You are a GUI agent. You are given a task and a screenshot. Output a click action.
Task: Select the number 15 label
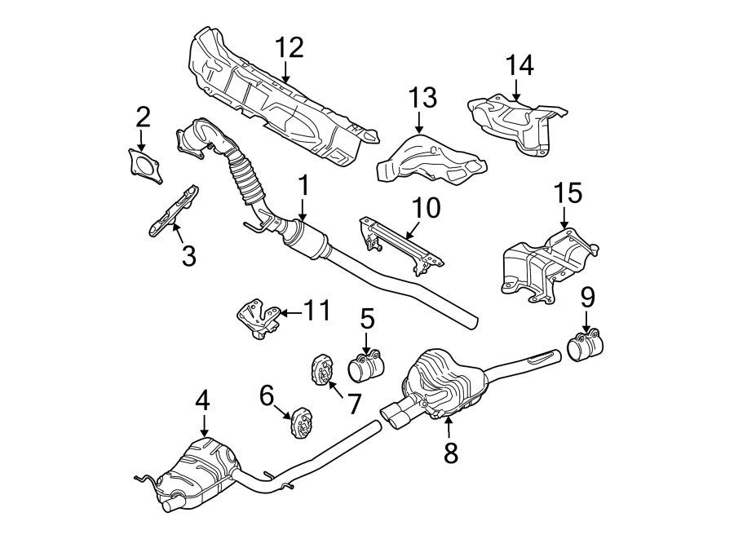click(x=568, y=194)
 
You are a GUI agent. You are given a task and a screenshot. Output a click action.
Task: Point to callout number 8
click(x=450, y=453)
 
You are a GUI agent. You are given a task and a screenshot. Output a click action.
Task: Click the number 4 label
click(x=202, y=400)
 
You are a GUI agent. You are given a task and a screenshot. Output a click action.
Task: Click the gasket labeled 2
click(x=144, y=166)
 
